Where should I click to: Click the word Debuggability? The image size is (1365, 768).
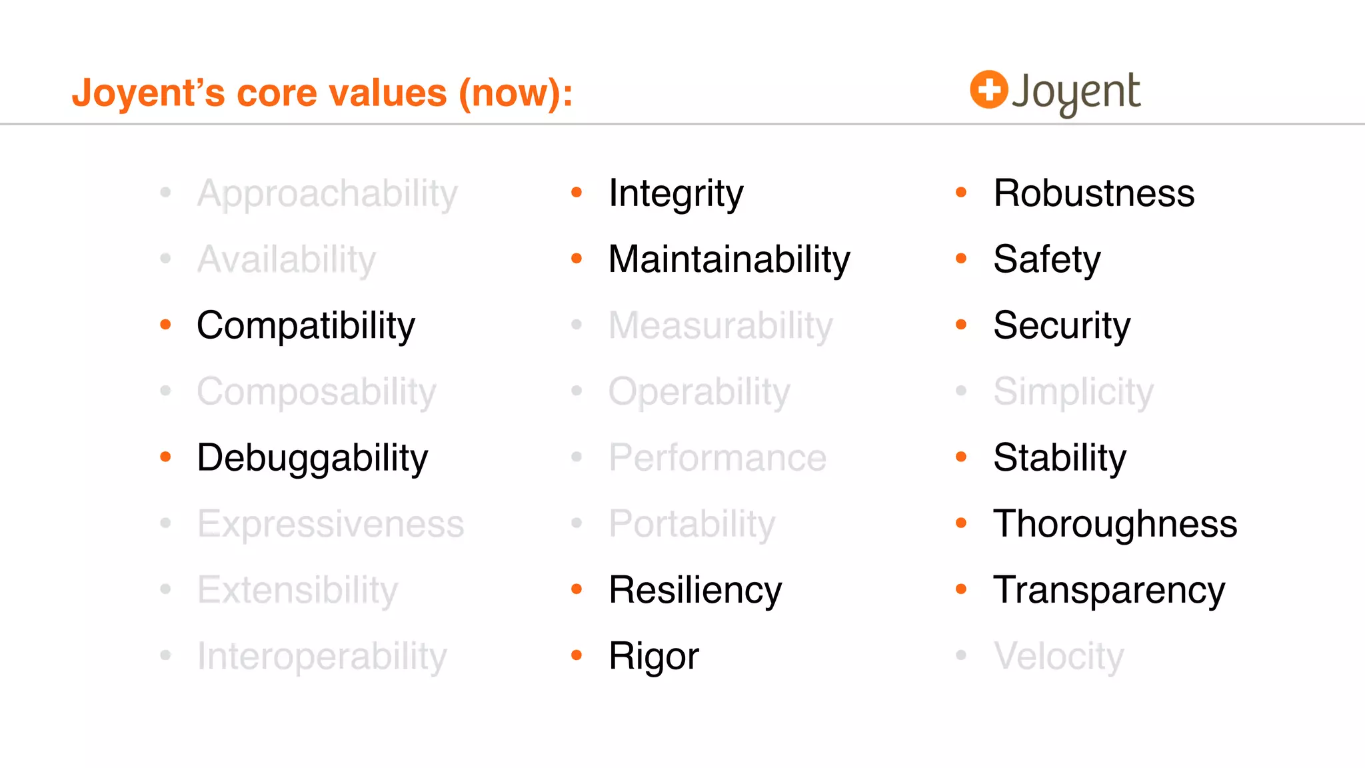click(312, 459)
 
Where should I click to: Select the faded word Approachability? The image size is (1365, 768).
click(327, 194)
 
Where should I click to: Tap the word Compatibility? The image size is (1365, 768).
click(306, 326)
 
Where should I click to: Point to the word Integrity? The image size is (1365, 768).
click(675, 194)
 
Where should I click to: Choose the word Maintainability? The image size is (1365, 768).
click(729, 260)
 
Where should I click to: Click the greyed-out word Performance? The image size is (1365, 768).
click(717, 458)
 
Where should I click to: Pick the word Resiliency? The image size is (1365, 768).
click(695, 591)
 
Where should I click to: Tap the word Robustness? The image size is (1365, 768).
click(1094, 194)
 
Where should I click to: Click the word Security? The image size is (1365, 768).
click(1062, 326)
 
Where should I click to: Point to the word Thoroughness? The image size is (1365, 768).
click(1115, 524)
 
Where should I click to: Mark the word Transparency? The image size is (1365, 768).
click(1109, 591)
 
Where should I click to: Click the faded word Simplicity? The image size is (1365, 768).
click(1073, 392)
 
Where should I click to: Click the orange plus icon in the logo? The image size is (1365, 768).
click(988, 89)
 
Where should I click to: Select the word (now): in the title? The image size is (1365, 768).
click(515, 93)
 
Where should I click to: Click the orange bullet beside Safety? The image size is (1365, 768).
click(961, 259)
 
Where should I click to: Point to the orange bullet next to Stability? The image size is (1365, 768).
click(961, 457)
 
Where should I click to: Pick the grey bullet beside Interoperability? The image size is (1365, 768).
click(166, 655)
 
